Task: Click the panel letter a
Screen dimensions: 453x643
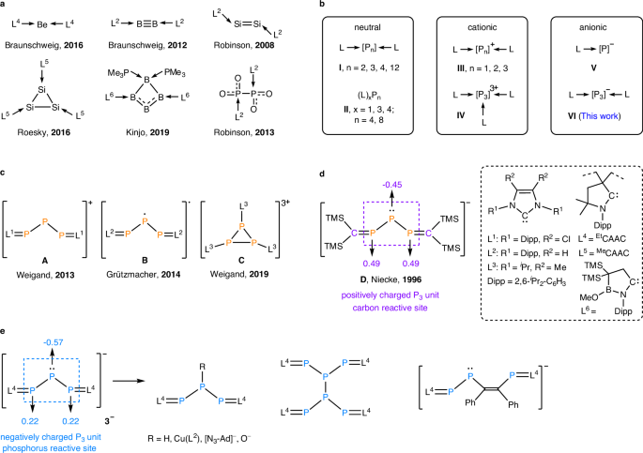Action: (5, 5)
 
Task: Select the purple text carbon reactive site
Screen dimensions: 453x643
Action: (410, 293)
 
